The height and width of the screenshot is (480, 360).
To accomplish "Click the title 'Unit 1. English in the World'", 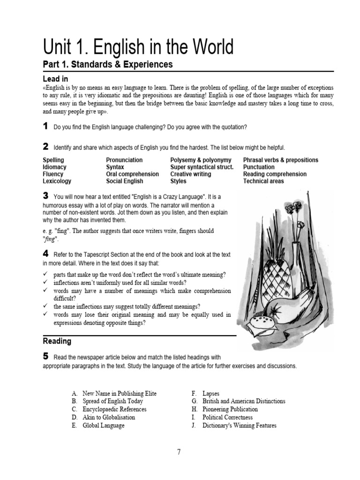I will click(x=138, y=47).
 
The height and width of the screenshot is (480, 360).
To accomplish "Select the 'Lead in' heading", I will click(x=55, y=79).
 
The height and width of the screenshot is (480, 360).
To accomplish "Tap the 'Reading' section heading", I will click(x=57, y=341).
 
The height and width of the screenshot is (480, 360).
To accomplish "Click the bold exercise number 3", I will click(x=45, y=195).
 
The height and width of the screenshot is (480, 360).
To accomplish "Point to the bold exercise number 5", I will click(x=45, y=357).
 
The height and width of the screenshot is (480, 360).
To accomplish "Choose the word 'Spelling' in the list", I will click(x=53, y=160).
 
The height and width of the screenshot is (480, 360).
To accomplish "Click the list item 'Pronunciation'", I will click(x=124, y=160).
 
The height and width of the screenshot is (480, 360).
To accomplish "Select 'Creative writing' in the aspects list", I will click(x=190, y=174).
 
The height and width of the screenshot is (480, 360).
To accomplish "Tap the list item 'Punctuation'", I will click(x=259, y=167).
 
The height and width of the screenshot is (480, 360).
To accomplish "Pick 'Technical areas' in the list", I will click(x=263, y=181).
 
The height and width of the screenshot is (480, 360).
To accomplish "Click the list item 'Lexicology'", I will click(x=57, y=181).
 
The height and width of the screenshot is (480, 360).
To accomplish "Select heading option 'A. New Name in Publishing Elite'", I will click(x=114, y=393).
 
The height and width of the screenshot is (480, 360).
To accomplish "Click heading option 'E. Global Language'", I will click(x=98, y=426).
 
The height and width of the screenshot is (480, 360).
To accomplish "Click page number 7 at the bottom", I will click(x=179, y=452).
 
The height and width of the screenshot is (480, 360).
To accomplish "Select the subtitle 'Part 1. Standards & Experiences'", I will click(x=108, y=65).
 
